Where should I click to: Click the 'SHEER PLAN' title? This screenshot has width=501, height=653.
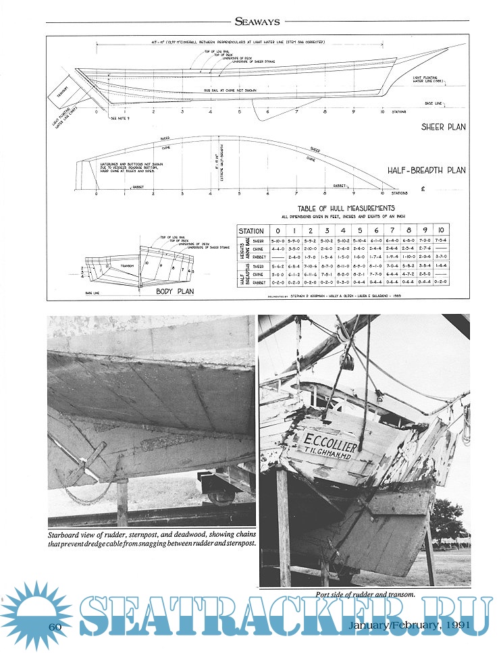pyautogui.click(x=442, y=126)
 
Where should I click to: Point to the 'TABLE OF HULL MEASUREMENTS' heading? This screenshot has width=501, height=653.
pyautogui.click(x=346, y=209)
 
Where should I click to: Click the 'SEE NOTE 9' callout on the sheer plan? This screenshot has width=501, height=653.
pyautogui.click(x=119, y=117)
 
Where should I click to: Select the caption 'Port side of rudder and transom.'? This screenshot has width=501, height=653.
pyautogui.click(x=364, y=594)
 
